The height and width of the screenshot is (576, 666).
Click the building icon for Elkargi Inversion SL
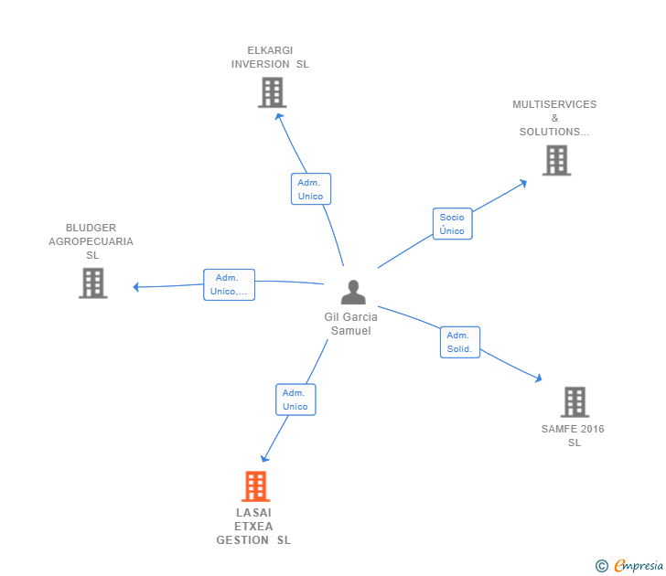[x=272, y=92]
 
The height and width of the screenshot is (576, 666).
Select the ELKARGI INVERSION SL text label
[x=270, y=58]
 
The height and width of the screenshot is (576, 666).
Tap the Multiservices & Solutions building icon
[x=556, y=161]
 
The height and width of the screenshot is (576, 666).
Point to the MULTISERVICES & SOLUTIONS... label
[x=554, y=118]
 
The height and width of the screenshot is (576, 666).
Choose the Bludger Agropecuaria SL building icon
[x=92, y=283]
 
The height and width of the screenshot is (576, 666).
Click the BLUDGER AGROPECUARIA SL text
[x=91, y=241]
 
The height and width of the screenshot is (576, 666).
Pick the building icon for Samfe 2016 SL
[x=574, y=401]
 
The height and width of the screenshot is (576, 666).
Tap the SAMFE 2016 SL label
[x=573, y=436]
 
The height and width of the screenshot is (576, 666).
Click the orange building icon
[x=255, y=486]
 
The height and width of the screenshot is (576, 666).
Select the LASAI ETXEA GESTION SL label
[x=253, y=527]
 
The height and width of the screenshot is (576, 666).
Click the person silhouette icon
[x=353, y=293]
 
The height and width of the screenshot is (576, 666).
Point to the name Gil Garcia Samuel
[x=350, y=324]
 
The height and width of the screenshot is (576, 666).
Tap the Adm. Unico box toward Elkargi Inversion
[x=310, y=189]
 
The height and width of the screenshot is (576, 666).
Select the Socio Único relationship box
[x=452, y=224]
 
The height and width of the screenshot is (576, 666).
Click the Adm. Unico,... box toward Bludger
[x=229, y=284]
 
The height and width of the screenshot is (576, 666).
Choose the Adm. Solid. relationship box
[x=459, y=342]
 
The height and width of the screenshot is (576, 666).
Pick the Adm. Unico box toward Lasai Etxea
[x=295, y=400]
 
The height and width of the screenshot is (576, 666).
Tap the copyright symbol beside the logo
[x=602, y=566]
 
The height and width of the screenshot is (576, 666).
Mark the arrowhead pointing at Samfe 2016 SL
[x=540, y=379]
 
